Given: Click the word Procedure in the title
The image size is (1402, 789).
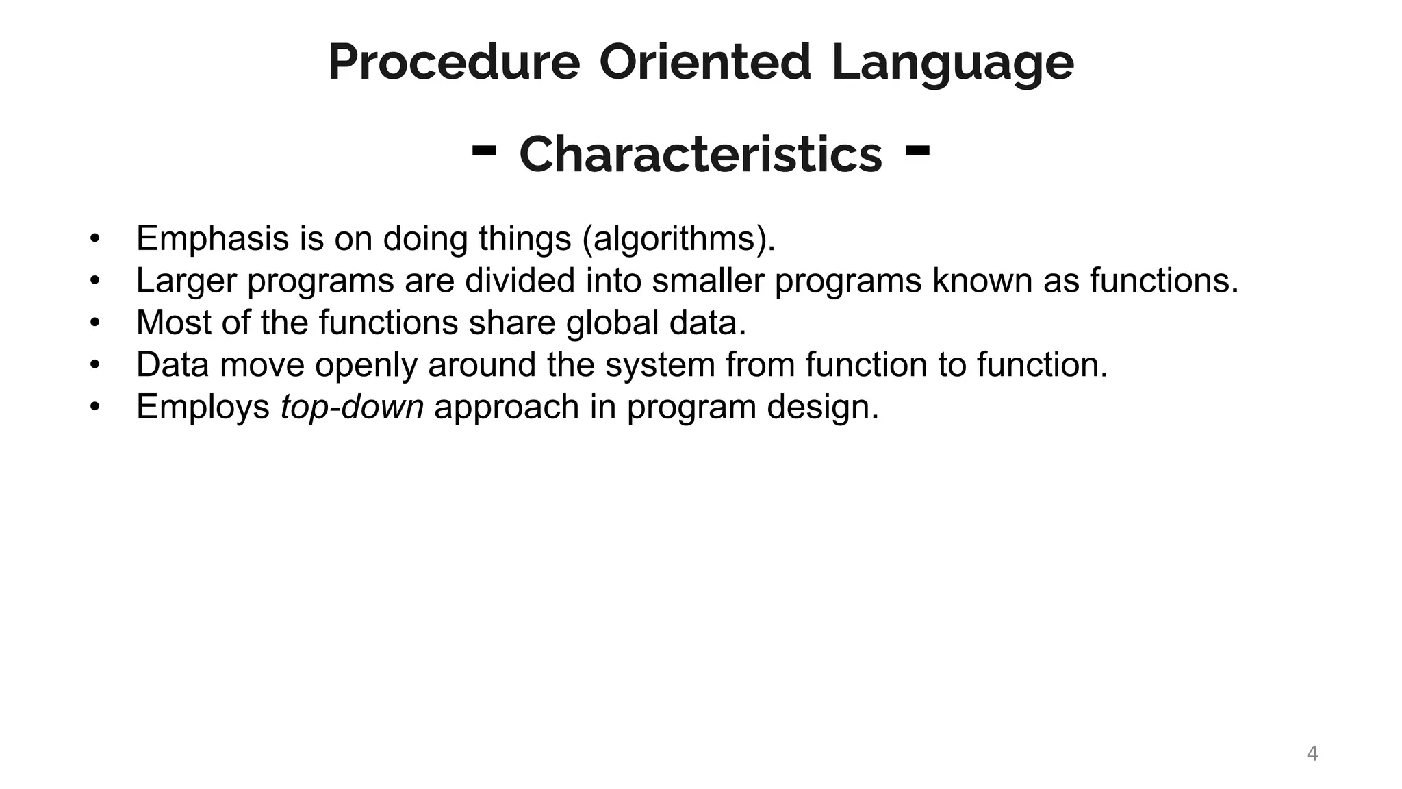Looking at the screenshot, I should click(x=454, y=63).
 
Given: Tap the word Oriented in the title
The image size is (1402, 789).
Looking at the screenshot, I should click(x=705, y=63).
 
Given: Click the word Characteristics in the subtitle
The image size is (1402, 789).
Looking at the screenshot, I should click(x=701, y=154).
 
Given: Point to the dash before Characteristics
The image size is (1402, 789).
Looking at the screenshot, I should click(x=484, y=151).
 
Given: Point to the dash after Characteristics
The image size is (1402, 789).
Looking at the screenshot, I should click(x=917, y=151).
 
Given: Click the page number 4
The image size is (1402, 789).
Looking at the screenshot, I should click(x=1312, y=753).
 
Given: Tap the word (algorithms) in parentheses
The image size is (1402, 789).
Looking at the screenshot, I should click(x=678, y=239).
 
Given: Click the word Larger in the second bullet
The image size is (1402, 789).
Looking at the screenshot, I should click(x=186, y=281).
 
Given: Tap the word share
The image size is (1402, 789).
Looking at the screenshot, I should click(x=511, y=323).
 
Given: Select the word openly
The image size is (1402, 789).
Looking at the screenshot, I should click(x=366, y=365).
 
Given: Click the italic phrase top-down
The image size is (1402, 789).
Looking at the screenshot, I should click(x=352, y=408).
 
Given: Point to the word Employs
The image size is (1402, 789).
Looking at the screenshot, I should click(x=203, y=408).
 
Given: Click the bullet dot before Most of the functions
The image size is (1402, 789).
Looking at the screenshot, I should click(x=94, y=323).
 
